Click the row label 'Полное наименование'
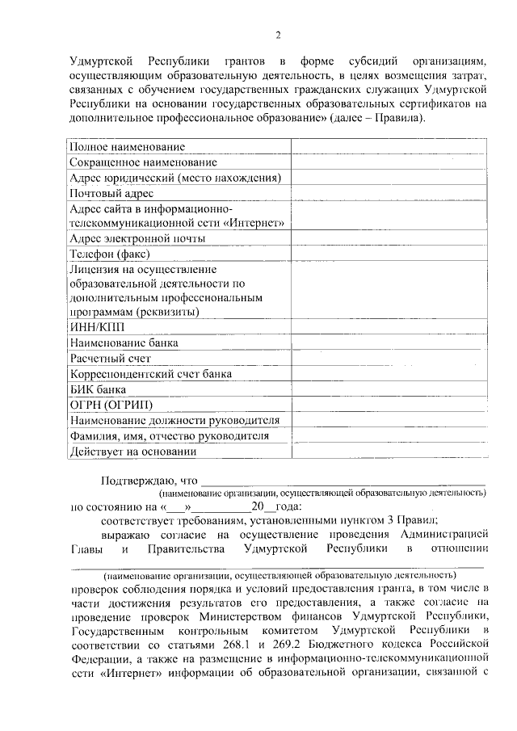[127, 147]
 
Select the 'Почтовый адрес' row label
[111, 193]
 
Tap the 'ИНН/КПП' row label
[98, 327]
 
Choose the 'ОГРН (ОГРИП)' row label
[111, 405]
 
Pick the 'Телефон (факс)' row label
[108, 254]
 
